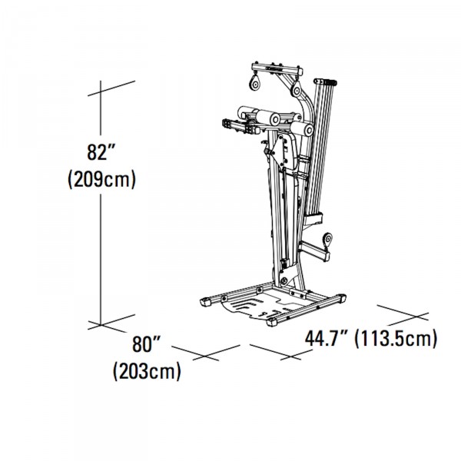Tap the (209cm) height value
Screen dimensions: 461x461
coord(103,181)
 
